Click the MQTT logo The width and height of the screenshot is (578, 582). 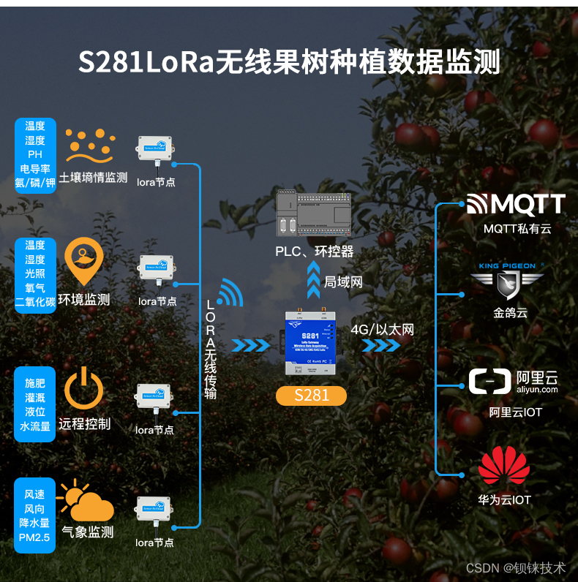(x=516, y=204)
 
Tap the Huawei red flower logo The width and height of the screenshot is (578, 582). (x=503, y=464)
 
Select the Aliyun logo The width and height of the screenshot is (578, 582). (x=513, y=382)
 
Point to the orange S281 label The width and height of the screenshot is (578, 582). (x=312, y=396)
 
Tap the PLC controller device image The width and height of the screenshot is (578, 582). (x=315, y=213)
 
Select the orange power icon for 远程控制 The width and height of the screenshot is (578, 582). (x=83, y=388)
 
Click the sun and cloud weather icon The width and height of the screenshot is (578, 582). (x=87, y=502)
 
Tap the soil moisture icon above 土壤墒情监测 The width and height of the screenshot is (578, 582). (x=91, y=147)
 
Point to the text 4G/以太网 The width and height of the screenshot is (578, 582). (x=382, y=330)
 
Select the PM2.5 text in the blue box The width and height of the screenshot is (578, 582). (x=34, y=538)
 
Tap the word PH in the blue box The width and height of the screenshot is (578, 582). (x=34, y=154)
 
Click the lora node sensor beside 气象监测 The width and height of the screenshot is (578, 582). (x=155, y=513)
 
